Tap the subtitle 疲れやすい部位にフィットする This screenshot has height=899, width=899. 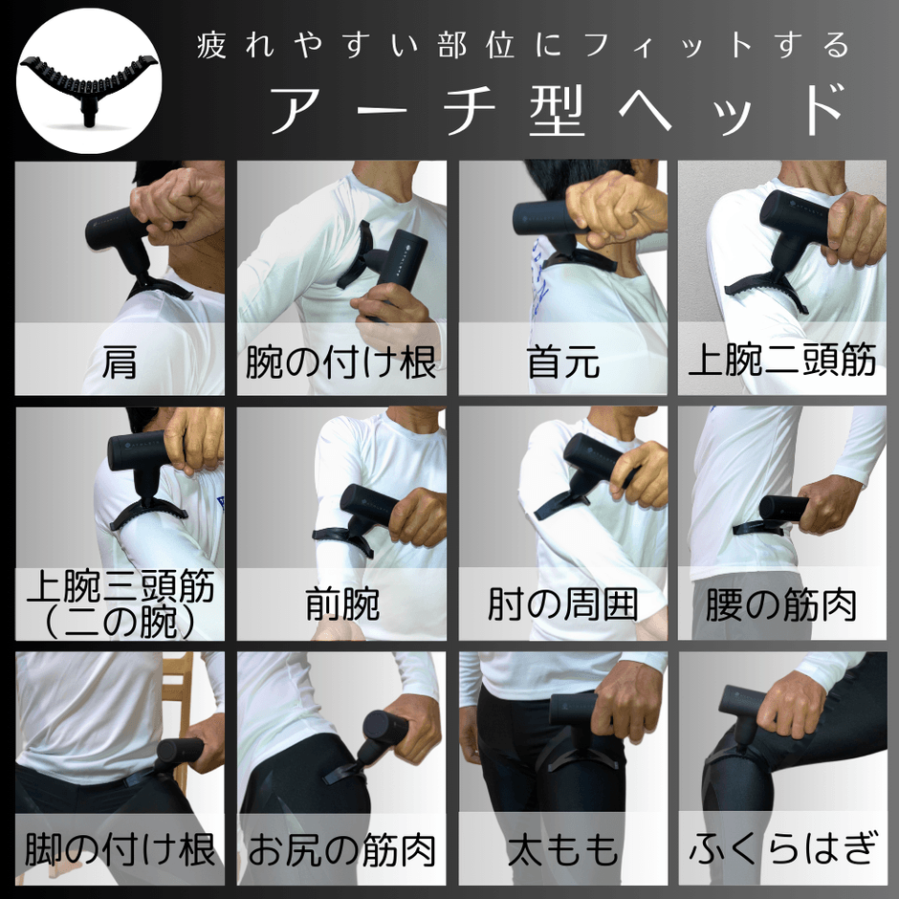pos(522,45)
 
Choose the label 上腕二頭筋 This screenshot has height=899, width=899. pos(782,362)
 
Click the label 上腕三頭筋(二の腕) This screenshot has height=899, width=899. pos(120,603)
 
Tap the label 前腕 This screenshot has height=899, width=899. pos(341,604)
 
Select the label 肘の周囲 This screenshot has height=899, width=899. pos(562,604)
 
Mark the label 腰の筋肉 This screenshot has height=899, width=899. pos(781,604)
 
